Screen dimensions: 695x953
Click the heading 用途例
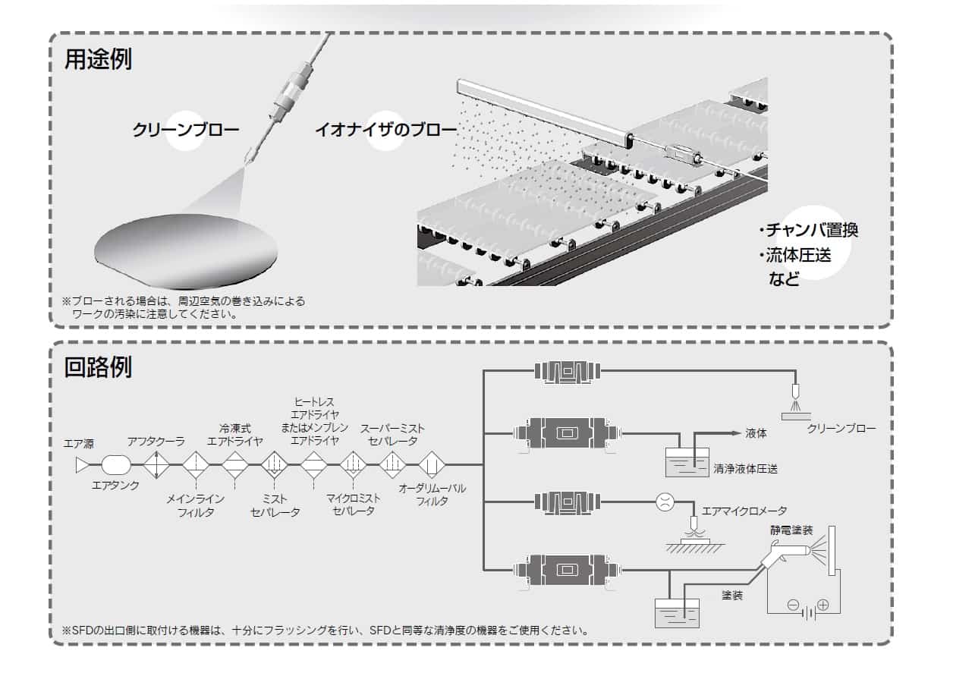pos(98,60)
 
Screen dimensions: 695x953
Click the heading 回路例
pos(98,367)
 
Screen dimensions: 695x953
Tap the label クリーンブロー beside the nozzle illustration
pos(185,130)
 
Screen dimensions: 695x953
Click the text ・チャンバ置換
pos(808,230)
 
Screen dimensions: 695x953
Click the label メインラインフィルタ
pos(195,505)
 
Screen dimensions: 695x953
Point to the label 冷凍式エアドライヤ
pos(235,435)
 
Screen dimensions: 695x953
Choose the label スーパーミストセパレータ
pos(392,434)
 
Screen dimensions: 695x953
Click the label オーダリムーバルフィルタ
pos(432,494)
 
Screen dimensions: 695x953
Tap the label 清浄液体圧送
pos(745,469)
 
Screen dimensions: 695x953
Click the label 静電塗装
pos(791,530)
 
